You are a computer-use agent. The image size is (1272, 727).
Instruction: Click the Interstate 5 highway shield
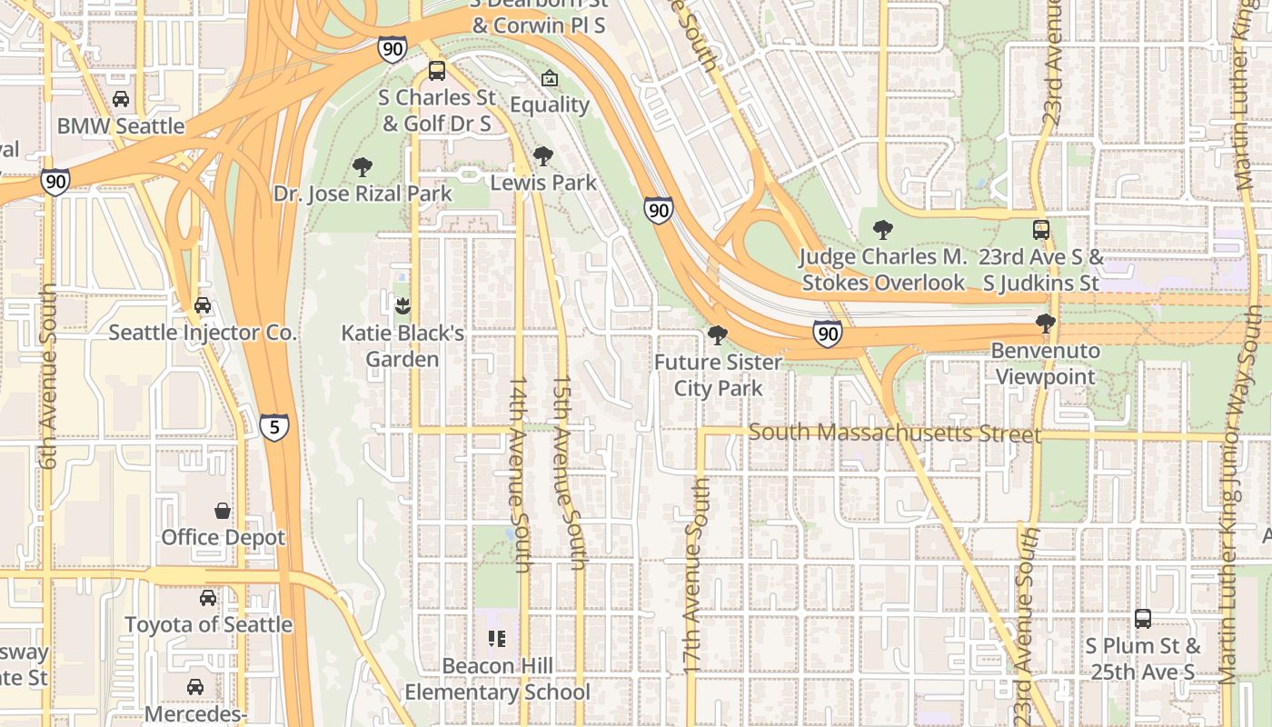coord(273,426)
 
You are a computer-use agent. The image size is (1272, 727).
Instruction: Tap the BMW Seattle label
coord(121,126)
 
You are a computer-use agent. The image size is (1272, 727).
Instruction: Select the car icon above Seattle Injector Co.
coord(203,305)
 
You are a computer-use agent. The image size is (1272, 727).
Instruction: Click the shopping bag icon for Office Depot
coord(223,511)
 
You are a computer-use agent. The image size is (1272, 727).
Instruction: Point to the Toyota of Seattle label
coord(208,624)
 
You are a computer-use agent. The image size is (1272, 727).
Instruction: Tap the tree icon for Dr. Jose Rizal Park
coord(362,167)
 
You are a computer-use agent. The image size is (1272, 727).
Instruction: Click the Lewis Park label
coord(543,183)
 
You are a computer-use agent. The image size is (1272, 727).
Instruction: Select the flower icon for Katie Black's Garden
coord(402,305)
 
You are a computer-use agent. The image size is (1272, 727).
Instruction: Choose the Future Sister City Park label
coord(718,374)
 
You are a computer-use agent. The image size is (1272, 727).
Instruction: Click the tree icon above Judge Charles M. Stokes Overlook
coord(881,230)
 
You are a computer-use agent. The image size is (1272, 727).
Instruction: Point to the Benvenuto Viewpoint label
coord(1045,363)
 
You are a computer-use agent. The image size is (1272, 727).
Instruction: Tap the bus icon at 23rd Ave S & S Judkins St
coord(1041,230)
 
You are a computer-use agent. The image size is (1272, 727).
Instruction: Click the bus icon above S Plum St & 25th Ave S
coord(1143,619)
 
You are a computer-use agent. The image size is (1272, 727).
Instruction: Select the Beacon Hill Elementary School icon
coord(496,639)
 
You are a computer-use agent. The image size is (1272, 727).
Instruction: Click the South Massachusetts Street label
coord(894,433)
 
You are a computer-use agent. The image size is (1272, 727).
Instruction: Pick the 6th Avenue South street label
coord(48,376)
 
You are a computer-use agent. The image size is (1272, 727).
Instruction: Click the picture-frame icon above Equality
coord(549,78)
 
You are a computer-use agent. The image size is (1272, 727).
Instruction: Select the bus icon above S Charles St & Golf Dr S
coord(437,70)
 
